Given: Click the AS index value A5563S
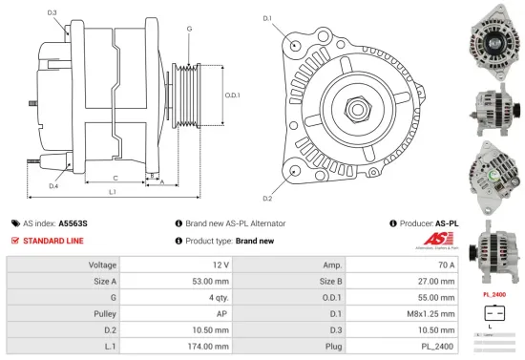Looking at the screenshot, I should pos(73,222).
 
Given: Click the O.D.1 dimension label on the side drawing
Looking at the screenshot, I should pos(232,95).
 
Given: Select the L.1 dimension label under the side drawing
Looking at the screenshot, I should pos(112,193).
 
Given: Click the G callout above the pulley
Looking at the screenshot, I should pos(189,30).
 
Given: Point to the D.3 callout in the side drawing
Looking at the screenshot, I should pos(51,12).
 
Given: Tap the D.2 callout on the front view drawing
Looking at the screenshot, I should pos(267,198).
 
